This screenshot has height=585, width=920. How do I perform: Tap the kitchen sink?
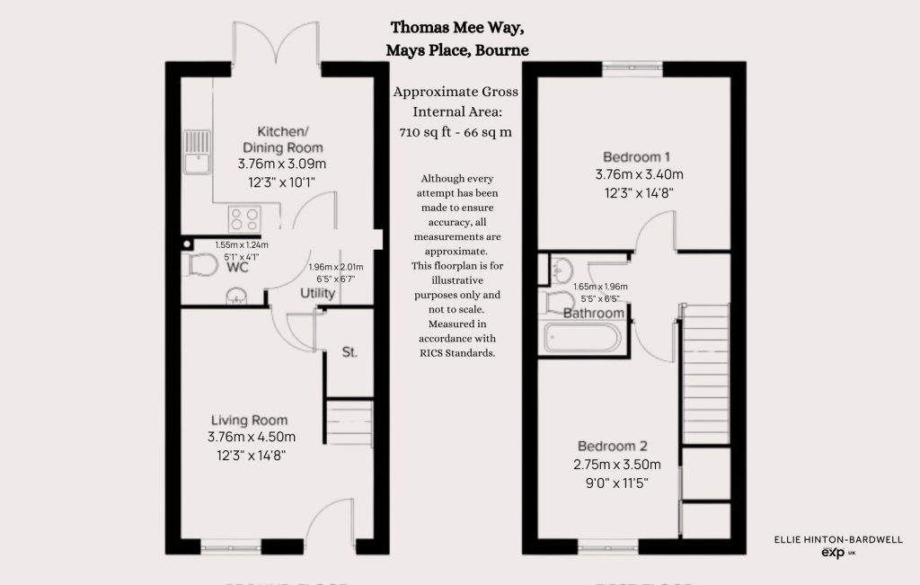(x=196, y=151)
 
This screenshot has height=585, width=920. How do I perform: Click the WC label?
(x=238, y=268)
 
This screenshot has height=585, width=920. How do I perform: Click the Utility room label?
(x=318, y=293)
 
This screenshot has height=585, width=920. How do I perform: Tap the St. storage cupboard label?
(x=349, y=352)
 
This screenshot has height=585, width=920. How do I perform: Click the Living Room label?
(x=249, y=420)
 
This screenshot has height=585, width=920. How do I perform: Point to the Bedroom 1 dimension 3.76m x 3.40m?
(x=638, y=174)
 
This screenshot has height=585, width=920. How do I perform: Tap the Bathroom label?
(x=593, y=313)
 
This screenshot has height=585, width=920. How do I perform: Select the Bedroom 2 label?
(x=612, y=447)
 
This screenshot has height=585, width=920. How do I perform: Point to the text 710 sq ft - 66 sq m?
(x=456, y=132)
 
